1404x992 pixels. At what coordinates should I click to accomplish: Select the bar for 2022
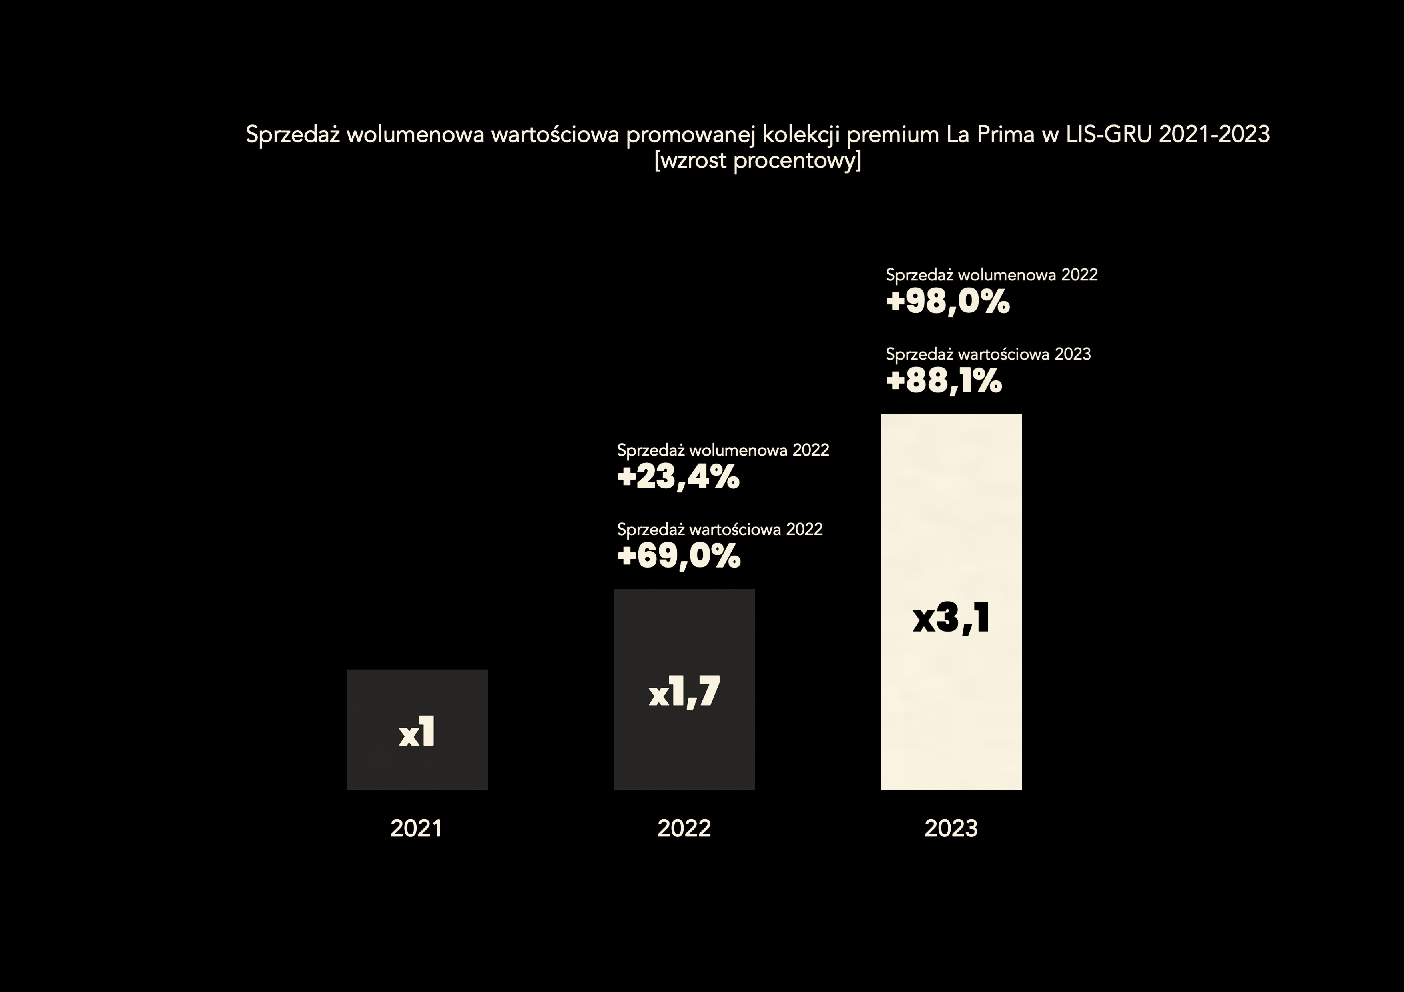click(684, 690)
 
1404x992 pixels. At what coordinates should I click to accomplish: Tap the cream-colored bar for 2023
click(951, 602)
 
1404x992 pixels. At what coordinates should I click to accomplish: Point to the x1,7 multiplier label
click(684, 692)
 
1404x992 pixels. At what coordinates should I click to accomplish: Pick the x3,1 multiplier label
click(951, 618)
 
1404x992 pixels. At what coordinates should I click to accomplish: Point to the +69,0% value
click(679, 556)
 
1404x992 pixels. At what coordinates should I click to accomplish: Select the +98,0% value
click(948, 302)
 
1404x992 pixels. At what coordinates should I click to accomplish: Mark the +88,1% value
click(944, 381)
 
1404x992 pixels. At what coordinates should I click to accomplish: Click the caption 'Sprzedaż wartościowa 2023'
click(988, 354)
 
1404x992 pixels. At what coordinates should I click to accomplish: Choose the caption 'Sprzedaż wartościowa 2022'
click(720, 529)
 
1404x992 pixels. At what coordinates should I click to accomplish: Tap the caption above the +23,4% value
click(723, 450)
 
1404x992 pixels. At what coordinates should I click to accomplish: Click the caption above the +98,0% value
click(992, 275)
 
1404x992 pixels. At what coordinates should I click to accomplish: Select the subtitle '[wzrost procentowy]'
click(758, 161)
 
